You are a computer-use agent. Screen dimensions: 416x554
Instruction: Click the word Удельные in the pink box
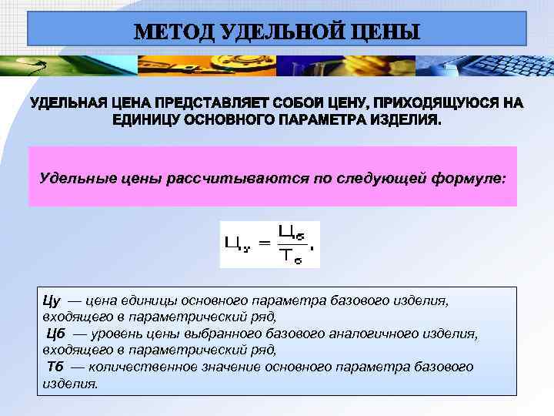[72, 178]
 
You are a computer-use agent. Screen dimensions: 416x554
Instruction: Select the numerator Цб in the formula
[289, 230]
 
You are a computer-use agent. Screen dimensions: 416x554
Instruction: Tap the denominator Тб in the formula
[289, 257]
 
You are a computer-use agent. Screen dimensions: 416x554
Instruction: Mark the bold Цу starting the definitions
[51, 300]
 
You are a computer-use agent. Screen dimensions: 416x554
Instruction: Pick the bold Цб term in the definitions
[56, 334]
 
